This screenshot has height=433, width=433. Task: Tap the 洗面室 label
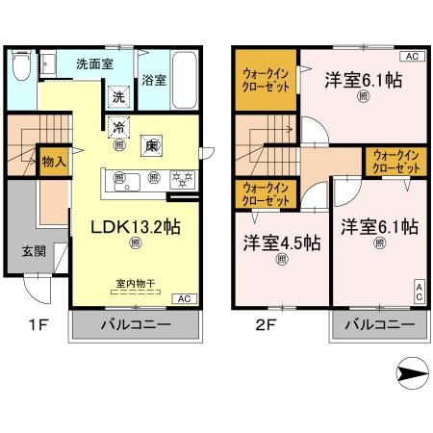pos(96,64)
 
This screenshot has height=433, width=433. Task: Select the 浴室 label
pos(154,80)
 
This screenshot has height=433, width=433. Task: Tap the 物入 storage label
pos(53,161)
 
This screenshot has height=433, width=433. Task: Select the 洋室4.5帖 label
pos(281,242)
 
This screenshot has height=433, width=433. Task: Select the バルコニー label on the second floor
pos(378,323)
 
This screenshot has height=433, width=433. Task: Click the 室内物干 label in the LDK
pos(135,284)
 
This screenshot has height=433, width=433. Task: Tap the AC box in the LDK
pos(183,298)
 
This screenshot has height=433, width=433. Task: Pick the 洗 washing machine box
pos(117,96)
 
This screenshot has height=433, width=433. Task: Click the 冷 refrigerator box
pos(118,127)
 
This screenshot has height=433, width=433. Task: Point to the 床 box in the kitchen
pos(151,145)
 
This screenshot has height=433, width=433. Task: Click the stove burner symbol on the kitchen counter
pos(180,176)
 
